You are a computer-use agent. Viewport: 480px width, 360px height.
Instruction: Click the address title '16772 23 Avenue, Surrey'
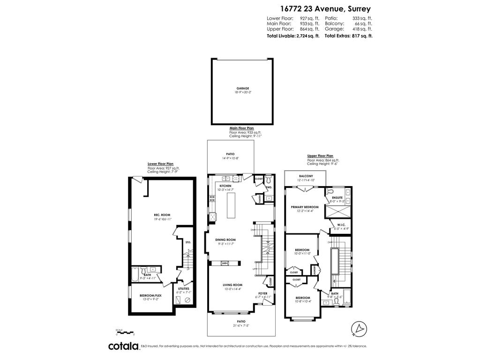[x=325, y=8]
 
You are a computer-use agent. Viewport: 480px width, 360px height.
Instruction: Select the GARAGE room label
[x=243, y=88]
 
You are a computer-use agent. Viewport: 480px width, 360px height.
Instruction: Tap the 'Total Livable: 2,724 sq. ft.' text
[x=293, y=36]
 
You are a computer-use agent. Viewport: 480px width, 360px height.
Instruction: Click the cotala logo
[x=124, y=346]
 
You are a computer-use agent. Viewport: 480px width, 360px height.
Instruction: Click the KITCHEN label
[x=225, y=186]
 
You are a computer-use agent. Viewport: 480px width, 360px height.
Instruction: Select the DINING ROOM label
[x=225, y=240]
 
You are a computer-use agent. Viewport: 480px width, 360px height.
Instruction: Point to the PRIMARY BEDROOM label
[x=305, y=207]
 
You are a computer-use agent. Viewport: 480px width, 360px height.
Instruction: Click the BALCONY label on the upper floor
[x=306, y=176]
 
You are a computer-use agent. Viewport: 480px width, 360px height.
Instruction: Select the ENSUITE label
[x=337, y=198]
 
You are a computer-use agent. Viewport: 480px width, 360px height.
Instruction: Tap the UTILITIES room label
[x=184, y=288]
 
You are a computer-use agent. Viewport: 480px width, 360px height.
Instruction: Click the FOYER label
[x=262, y=293]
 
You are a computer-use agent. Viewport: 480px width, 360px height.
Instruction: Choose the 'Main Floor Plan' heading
[x=241, y=128]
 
